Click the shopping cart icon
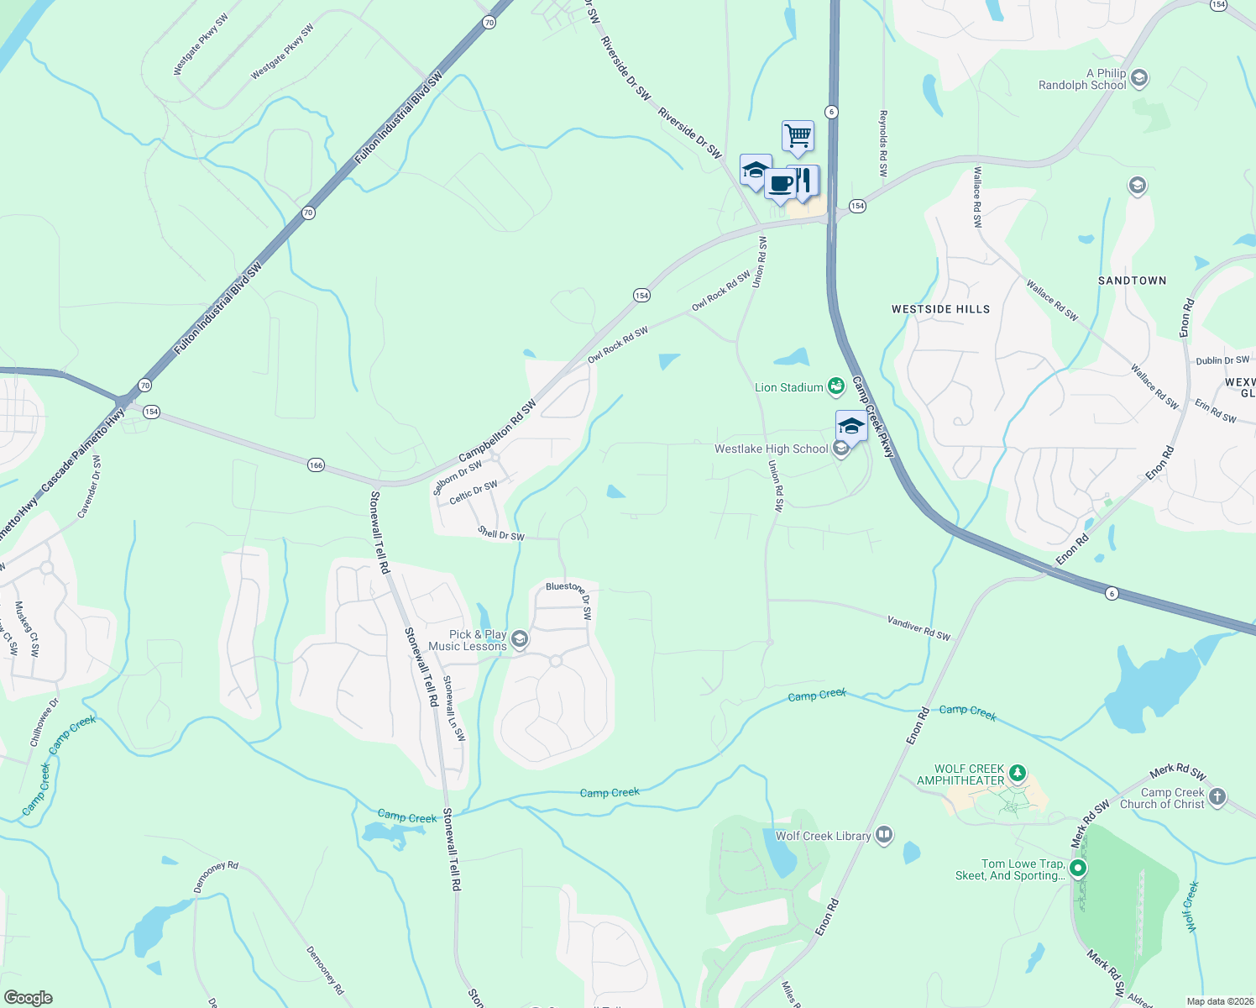(x=798, y=135)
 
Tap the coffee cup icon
(x=780, y=183)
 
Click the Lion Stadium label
(x=788, y=387)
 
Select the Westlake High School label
(x=771, y=449)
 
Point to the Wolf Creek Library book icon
(x=883, y=835)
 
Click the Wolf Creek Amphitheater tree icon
(x=1018, y=772)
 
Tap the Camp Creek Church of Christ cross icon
(x=1217, y=796)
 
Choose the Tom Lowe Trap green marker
(x=1078, y=869)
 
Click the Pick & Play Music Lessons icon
(x=520, y=640)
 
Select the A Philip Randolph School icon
(x=1139, y=79)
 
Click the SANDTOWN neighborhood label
(x=1132, y=281)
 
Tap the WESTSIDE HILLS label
(x=940, y=309)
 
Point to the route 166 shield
(x=316, y=465)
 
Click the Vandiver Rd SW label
(x=918, y=627)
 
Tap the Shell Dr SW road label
(x=501, y=533)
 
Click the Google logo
(x=28, y=998)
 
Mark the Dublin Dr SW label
(x=1222, y=360)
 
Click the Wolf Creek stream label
(x=1191, y=906)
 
